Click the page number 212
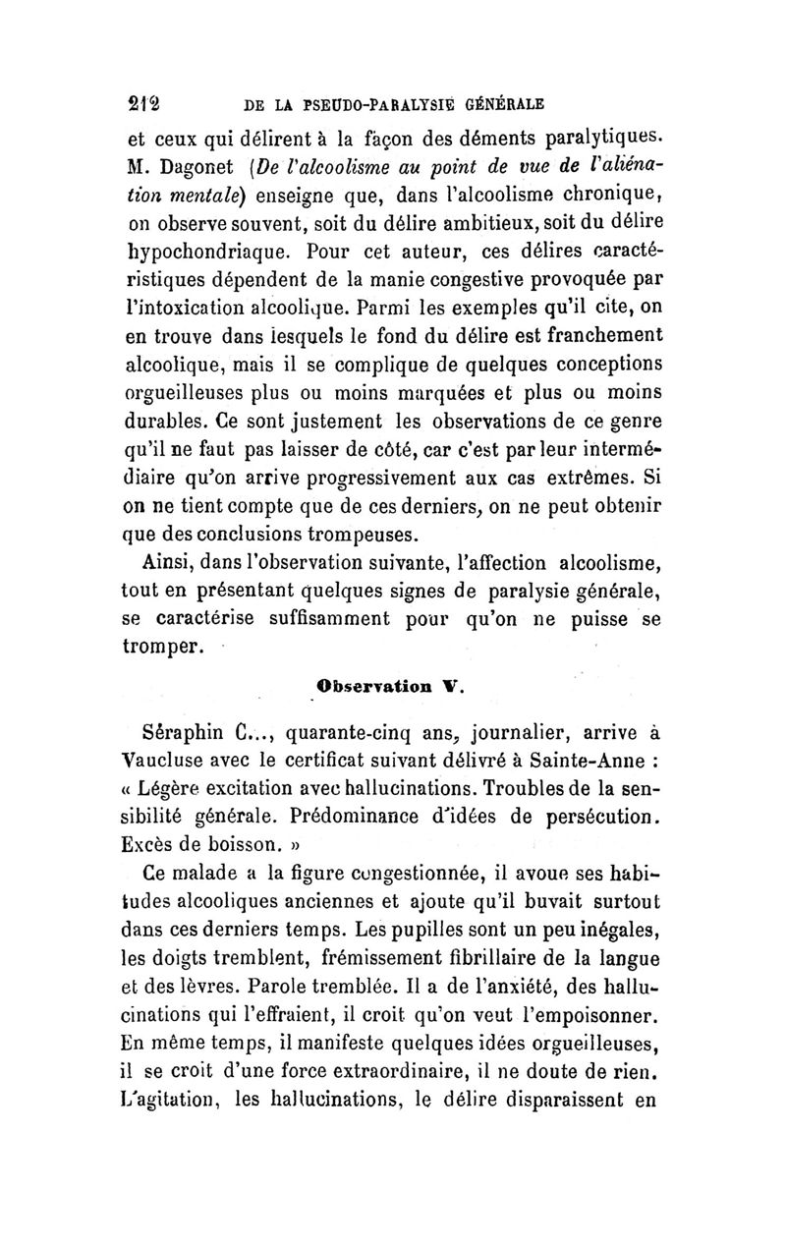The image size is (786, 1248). [x=146, y=102]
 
